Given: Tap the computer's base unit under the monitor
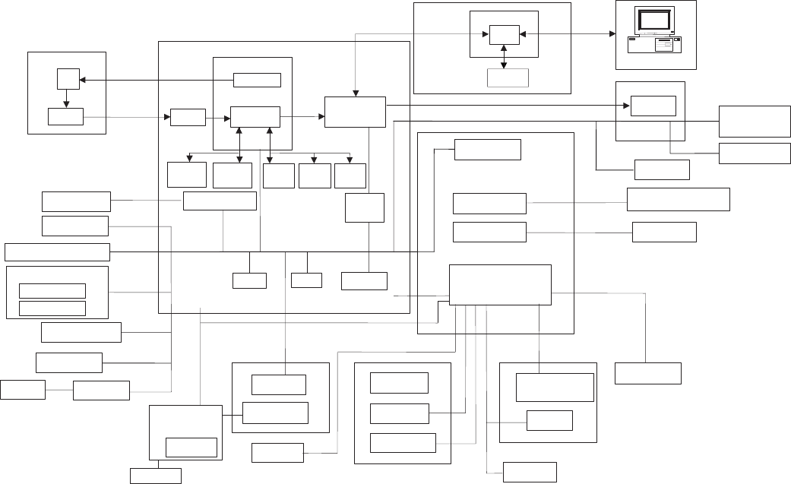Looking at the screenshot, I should tap(653, 45).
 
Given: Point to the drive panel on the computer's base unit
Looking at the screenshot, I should tap(666, 46).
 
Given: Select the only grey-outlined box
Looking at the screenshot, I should tap(508, 78).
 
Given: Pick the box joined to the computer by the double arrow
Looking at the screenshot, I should tap(504, 35).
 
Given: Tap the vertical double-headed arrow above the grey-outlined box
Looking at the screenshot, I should tap(505, 57).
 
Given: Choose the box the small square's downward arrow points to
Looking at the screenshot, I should tap(65, 116).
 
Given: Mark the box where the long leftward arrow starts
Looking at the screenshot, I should tap(257, 80).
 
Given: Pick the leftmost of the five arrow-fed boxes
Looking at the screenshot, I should tap(187, 175).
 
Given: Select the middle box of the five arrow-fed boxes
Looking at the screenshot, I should tap(278, 176).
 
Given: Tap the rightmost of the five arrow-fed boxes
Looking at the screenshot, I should tap(350, 176).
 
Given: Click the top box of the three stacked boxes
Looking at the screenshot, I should tap(399, 383).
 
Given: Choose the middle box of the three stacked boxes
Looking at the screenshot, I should tap(399, 413).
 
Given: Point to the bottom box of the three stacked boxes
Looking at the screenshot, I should tap(403, 442).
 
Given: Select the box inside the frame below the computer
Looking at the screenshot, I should tap(653, 106).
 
